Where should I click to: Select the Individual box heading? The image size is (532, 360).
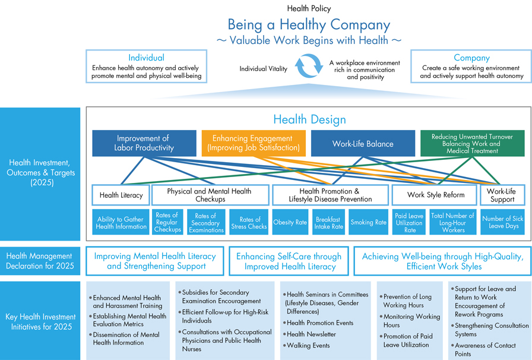click(146, 58)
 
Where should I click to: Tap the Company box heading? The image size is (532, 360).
click(471, 58)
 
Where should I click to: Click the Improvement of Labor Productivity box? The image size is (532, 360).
click(144, 143)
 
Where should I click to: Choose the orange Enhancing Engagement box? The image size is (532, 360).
click(252, 143)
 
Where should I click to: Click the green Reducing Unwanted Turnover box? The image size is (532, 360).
click(473, 143)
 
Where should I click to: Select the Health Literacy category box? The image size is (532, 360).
click(121, 195)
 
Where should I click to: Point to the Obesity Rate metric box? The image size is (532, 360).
click(290, 223)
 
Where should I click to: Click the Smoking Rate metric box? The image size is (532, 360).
click(368, 223)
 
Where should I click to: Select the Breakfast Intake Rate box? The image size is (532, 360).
click(328, 223)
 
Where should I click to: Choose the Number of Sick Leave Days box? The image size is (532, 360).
click(501, 223)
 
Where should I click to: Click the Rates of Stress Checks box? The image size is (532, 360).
click(249, 223)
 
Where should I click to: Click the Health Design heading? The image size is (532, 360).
click(309, 119)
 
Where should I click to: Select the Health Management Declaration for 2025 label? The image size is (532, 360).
click(40, 261)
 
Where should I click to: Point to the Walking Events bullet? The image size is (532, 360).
click(308, 345)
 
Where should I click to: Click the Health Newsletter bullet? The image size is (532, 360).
click(312, 334)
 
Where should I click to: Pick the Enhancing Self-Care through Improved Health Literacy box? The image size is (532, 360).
click(289, 261)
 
